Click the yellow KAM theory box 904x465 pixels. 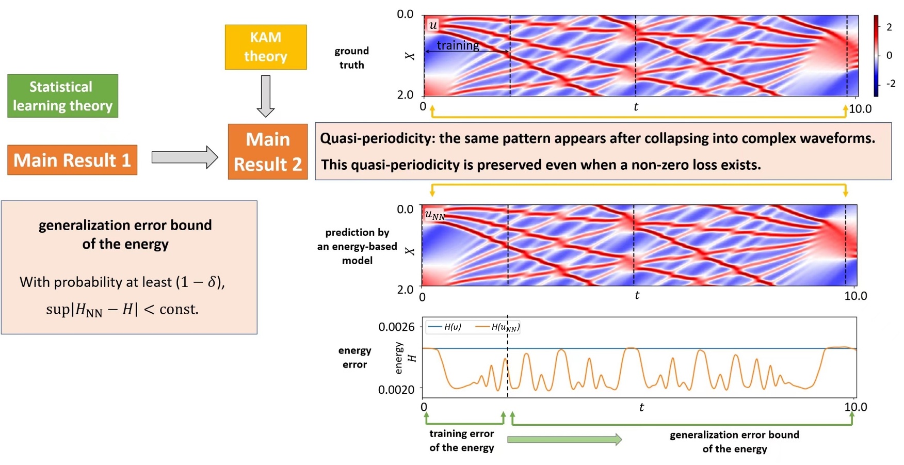click(x=265, y=47)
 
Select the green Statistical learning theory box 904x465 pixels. click(x=62, y=96)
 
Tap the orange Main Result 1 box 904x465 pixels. click(x=72, y=160)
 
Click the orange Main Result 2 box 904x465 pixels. click(x=267, y=152)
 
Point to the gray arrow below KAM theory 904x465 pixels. click(x=265, y=96)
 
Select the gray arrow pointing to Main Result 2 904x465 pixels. click(x=185, y=157)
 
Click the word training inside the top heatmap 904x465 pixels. click(x=458, y=45)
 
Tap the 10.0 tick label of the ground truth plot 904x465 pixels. click(x=860, y=109)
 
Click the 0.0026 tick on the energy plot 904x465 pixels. click(x=396, y=327)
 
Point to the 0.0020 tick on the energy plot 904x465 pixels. click(x=396, y=390)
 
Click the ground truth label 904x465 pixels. click(x=351, y=58)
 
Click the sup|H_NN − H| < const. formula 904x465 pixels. click(x=122, y=309)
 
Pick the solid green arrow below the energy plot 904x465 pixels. click(x=564, y=440)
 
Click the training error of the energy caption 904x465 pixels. click(x=461, y=441)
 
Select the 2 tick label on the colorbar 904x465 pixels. click(x=889, y=27)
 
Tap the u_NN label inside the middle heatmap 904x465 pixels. click(x=434, y=215)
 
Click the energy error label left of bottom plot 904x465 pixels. click(x=354, y=357)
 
